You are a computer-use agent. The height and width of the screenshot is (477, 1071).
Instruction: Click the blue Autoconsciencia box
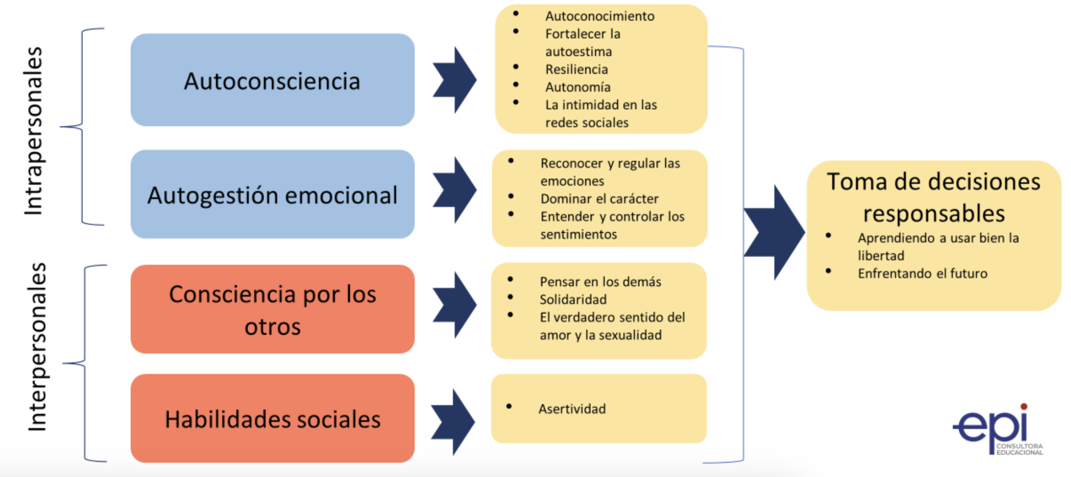[x=272, y=80]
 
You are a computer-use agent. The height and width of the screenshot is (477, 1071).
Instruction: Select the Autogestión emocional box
[x=272, y=195]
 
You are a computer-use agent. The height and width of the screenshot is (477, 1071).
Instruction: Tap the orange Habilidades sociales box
[x=272, y=418]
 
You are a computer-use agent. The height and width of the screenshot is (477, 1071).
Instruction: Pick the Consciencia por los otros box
[x=272, y=309]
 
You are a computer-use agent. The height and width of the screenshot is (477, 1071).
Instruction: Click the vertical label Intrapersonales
[x=34, y=131]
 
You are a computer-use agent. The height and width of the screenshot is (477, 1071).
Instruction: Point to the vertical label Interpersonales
[x=37, y=347]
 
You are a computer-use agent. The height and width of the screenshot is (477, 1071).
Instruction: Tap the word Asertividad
[x=572, y=409]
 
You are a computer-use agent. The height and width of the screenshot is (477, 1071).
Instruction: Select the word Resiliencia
[x=576, y=69]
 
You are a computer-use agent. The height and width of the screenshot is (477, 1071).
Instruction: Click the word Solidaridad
[x=573, y=299]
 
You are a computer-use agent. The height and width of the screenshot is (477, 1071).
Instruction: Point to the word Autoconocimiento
[x=599, y=16]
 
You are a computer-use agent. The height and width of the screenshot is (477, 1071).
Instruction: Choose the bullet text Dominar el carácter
[x=599, y=199]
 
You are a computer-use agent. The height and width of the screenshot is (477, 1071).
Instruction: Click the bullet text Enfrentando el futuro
[x=922, y=273]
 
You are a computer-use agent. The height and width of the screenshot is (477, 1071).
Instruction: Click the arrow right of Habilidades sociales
[x=453, y=421]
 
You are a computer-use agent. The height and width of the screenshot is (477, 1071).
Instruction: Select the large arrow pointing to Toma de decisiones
[x=774, y=232]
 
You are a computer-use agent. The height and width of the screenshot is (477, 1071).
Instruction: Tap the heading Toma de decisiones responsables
[x=933, y=197]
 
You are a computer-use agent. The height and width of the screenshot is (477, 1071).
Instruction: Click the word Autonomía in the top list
[x=577, y=87]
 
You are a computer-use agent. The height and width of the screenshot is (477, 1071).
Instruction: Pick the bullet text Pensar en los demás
[x=600, y=281]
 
